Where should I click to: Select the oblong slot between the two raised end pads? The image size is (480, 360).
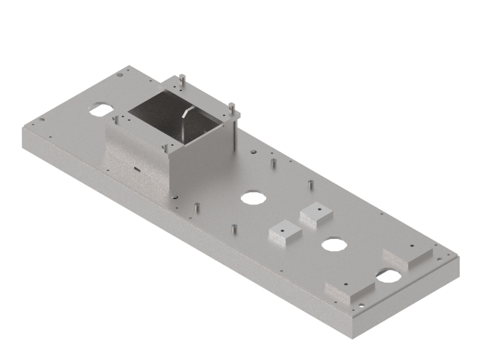[388, 275]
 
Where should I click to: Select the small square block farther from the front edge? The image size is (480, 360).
[316, 213]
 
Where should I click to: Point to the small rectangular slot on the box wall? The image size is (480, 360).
[137, 169]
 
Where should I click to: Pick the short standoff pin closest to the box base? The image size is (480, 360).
[197, 208]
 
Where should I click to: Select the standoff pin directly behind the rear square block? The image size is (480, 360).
[310, 184]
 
